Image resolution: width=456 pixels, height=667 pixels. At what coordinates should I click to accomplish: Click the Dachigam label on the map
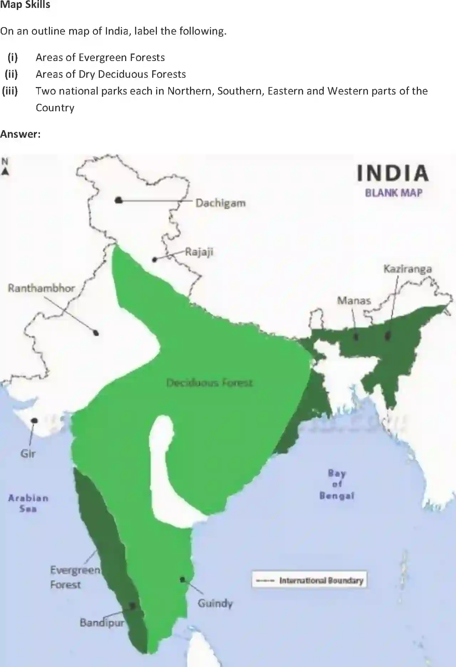pyautogui.click(x=220, y=203)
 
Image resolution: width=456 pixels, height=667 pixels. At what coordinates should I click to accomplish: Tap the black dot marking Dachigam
pyautogui.click(x=119, y=200)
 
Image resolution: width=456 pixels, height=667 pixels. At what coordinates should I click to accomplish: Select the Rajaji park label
pyautogui.click(x=199, y=252)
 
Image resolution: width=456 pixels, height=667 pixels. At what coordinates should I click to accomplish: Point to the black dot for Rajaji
pyautogui.click(x=154, y=260)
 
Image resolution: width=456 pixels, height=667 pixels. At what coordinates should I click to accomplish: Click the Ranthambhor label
pyautogui.click(x=41, y=288)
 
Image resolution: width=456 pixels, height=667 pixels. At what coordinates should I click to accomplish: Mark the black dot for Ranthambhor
pyautogui.click(x=96, y=333)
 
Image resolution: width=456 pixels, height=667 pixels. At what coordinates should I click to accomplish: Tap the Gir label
pyautogui.click(x=28, y=453)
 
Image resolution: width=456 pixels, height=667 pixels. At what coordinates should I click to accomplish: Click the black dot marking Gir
pyautogui.click(x=34, y=421)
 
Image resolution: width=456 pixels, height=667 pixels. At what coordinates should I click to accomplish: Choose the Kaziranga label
pyautogui.click(x=408, y=269)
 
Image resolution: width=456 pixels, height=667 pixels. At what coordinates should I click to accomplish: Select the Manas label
pyautogui.click(x=354, y=301)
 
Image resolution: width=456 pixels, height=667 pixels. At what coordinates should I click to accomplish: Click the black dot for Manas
pyautogui.click(x=356, y=336)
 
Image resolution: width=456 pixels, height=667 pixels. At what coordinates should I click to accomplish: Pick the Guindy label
pyautogui.click(x=215, y=603)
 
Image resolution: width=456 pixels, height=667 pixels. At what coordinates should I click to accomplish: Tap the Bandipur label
pyautogui.click(x=102, y=622)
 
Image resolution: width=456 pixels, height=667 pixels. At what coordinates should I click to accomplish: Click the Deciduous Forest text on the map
pyautogui.click(x=210, y=383)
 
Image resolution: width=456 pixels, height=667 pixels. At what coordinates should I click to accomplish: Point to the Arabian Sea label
pyautogui.click(x=28, y=503)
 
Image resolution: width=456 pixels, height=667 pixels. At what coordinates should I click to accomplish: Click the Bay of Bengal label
pyautogui.click(x=337, y=484)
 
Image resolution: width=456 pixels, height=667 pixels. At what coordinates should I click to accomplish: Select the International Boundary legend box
pyautogui.click(x=309, y=580)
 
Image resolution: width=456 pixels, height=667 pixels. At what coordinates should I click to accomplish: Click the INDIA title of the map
pyautogui.click(x=393, y=173)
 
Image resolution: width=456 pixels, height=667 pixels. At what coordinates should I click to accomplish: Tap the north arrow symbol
pyautogui.click(x=5, y=168)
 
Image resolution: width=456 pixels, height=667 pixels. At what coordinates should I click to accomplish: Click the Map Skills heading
pyautogui.click(x=25, y=5)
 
